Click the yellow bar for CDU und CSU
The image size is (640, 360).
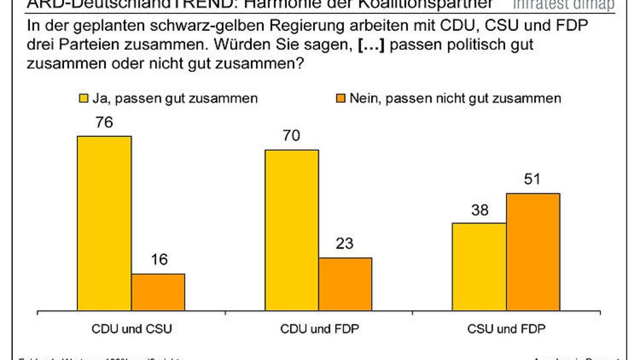[x=105, y=223]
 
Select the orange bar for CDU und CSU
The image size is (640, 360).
[x=158, y=292]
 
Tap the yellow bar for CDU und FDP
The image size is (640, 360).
[x=292, y=230]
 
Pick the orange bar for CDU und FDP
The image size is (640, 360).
[x=346, y=284]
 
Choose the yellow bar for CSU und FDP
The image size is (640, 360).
[x=479, y=267]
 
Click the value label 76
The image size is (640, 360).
[x=104, y=123]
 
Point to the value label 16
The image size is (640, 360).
[x=158, y=260]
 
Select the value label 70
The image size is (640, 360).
[x=292, y=137]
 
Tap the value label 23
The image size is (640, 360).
[x=346, y=244]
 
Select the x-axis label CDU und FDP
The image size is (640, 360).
[x=319, y=329]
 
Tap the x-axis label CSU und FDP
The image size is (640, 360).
[x=507, y=329]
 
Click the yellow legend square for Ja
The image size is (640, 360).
[x=84, y=98]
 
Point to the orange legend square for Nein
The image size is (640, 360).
[x=340, y=98]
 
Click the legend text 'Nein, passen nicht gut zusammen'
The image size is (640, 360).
[x=454, y=98]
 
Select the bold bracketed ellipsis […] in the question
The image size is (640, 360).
[x=370, y=45]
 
